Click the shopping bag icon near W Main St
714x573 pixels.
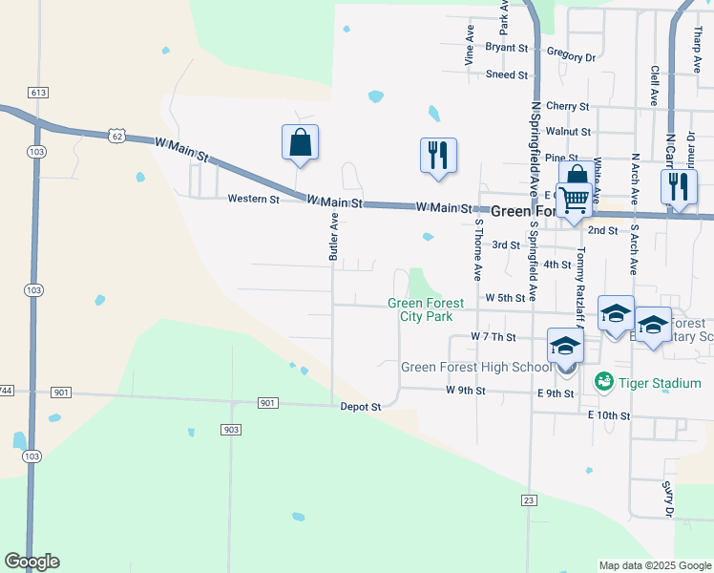300,142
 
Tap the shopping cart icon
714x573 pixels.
572,202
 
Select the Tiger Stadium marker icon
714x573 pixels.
603,382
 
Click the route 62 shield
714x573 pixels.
115,136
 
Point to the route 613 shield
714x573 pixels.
38,93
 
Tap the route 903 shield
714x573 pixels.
230,431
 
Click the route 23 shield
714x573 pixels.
530,499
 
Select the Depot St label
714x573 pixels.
361,407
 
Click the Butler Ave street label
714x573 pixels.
334,237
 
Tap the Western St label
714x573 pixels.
253,200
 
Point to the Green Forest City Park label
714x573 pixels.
426,309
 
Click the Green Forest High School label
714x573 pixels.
475,367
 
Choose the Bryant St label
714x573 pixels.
506,47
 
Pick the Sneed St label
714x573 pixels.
506,74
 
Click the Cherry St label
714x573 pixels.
567,106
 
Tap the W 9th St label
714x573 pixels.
465,391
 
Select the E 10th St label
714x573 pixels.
609,415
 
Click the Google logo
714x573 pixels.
31,562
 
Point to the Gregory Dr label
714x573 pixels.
571,56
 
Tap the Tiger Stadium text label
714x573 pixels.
661,383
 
